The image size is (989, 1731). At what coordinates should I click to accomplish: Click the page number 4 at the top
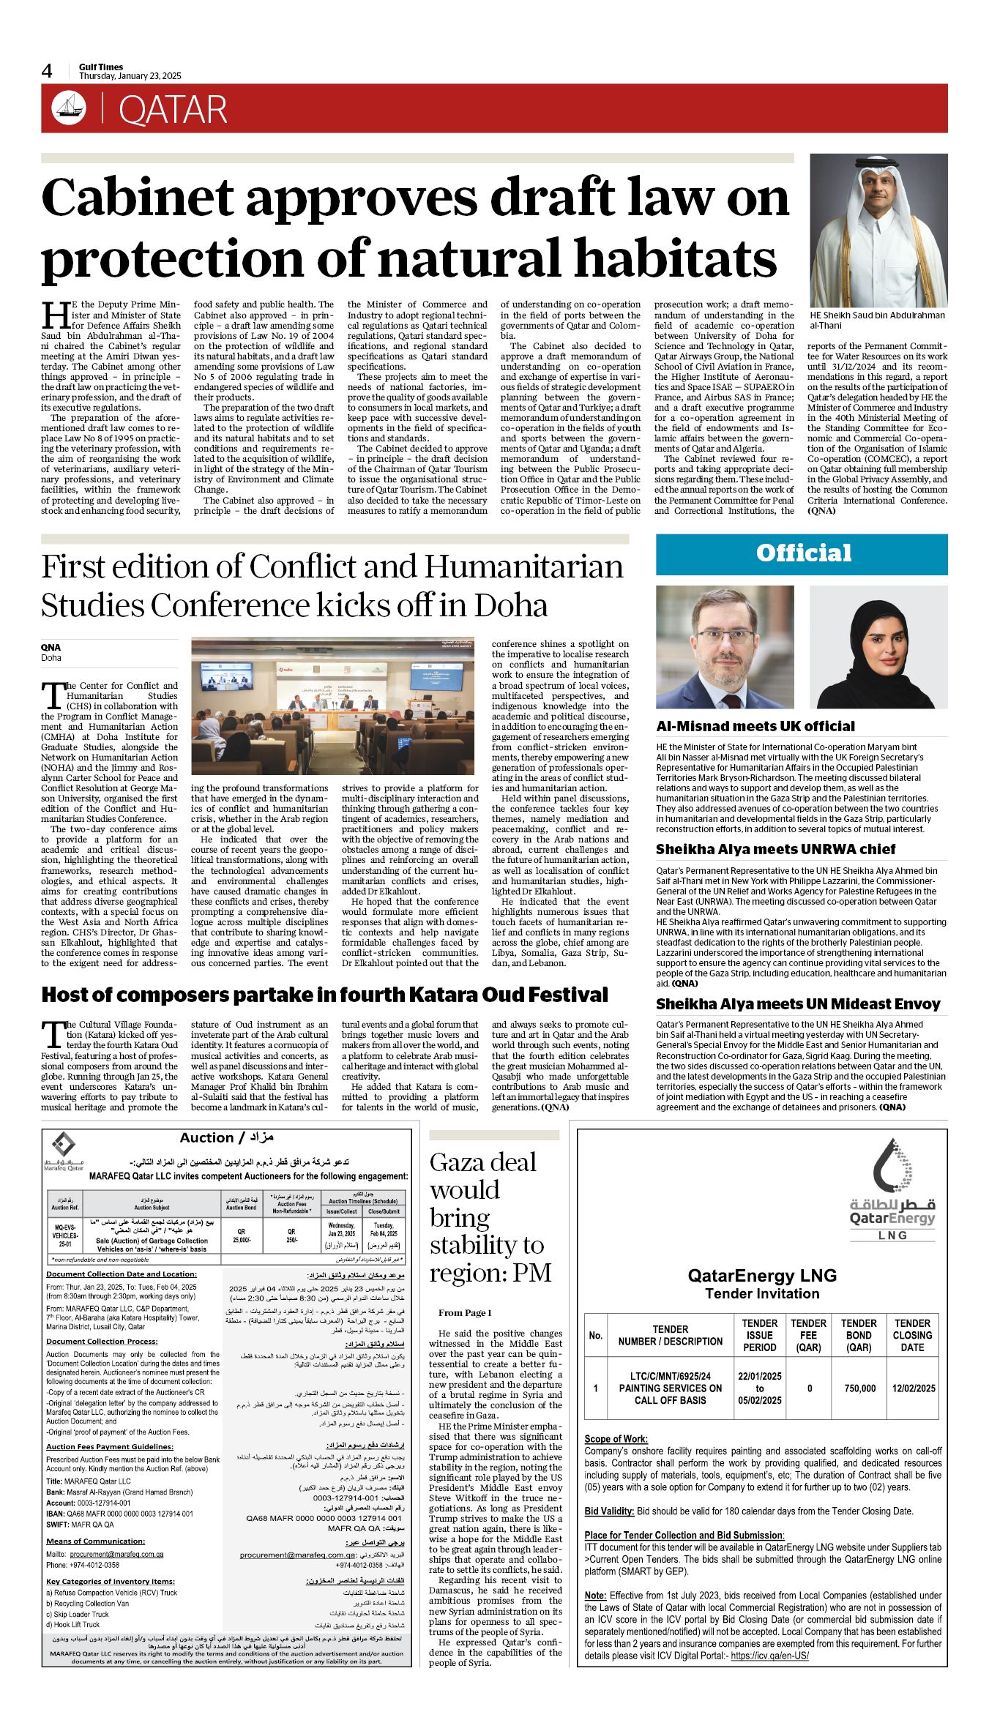47,71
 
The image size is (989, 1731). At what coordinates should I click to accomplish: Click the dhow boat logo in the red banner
69,108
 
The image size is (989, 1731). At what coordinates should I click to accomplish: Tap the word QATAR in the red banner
173,111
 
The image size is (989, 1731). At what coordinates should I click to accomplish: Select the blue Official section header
802,554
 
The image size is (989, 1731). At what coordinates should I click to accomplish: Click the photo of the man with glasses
725,647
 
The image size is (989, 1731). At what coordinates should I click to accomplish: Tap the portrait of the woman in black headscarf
878,647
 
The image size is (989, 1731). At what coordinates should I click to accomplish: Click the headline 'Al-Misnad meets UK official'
755,726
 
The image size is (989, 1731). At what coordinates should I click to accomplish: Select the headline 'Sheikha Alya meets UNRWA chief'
775,849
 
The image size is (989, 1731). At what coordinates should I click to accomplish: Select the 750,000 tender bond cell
859,1388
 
